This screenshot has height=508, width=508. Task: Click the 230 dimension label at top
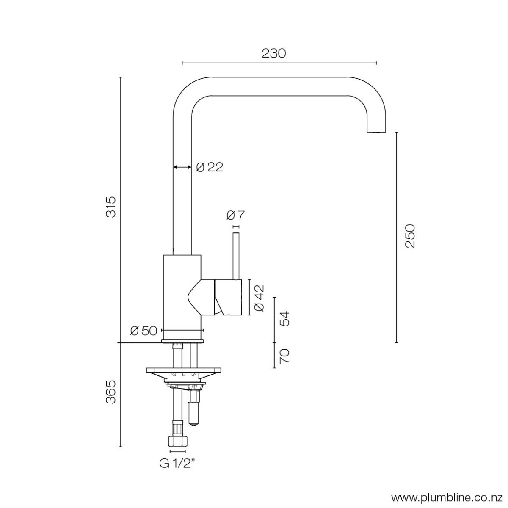[273, 53]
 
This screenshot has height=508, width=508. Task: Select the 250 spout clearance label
[410, 236]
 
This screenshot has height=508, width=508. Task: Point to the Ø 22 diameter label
[210, 167]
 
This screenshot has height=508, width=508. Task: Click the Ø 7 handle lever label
[235, 215]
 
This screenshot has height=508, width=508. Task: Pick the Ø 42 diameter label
[259, 298]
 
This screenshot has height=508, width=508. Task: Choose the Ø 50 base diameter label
[144, 331]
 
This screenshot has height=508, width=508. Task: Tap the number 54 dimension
[284, 319]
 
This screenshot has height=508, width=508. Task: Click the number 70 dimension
[284, 356]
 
